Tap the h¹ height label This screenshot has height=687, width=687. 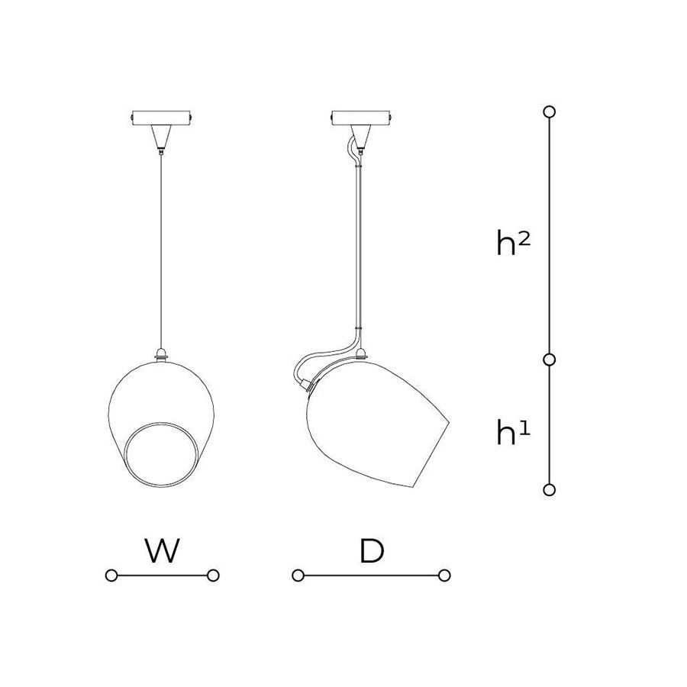pyautogui.click(x=513, y=432)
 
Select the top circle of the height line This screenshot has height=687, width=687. pyautogui.click(x=549, y=111)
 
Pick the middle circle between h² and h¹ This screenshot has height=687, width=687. pyautogui.click(x=549, y=360)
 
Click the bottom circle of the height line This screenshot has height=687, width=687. pyautogui.click(x=549, y=490)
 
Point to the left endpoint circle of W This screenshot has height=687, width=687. pyautogui.click(x=111, y=576)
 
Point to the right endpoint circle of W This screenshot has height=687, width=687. pyautogui.click(x=213, y=576)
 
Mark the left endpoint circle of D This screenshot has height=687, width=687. pyautogui.click(x=298, y=576)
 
